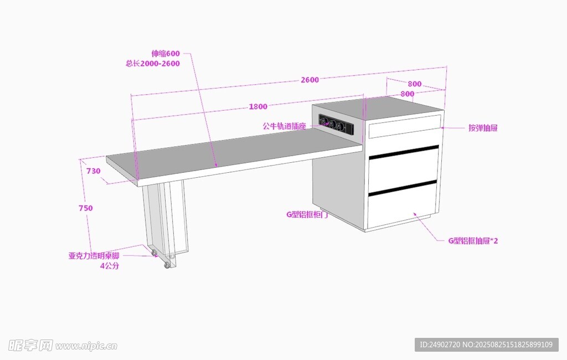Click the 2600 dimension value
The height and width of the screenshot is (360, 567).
pos(310,80)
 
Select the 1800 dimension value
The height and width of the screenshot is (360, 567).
pos(258,107)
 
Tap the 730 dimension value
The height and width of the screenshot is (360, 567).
pos(94,171)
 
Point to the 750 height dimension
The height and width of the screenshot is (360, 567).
pos(86,208)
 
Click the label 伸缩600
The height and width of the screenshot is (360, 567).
pos(166,54)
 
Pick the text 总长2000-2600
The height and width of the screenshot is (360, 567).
pos(153,63)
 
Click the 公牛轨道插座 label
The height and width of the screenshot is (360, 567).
pos(284,126)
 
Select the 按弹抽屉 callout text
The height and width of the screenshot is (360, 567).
pos(483,128)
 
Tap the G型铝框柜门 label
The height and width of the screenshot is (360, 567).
pos(307,214)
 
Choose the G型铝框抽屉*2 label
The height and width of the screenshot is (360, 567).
pos(473,241)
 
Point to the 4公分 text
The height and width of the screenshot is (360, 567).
pos(109,266)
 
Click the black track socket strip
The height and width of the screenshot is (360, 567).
pos(336,125)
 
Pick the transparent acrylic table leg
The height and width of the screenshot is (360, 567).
pos(164,222)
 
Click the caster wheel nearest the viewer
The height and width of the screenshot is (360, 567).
pos(167,265)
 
